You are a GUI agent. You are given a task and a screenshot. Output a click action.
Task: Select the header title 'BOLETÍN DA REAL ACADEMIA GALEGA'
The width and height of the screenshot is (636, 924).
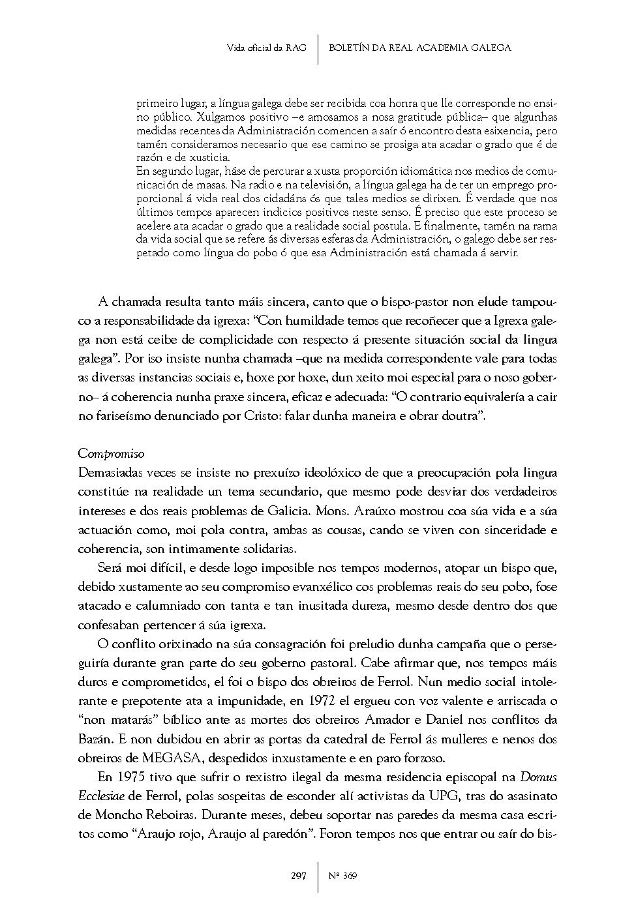[x=420, y=48]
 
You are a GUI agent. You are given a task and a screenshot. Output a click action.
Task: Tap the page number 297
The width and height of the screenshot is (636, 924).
[x=299, y=876]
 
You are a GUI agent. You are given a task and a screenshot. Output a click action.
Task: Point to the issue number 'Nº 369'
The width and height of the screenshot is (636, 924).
[x=342, y=876]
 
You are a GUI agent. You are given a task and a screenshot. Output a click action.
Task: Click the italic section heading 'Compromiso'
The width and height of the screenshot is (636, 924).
[x=111, y=453]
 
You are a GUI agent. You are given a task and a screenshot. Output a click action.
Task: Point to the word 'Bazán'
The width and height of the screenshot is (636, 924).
[x=95, y=739]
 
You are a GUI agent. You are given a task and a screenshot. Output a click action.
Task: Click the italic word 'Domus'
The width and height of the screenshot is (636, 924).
[x=538, y=777]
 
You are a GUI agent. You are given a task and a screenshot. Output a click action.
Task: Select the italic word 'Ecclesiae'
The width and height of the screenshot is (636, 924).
[x=102, y=796]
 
